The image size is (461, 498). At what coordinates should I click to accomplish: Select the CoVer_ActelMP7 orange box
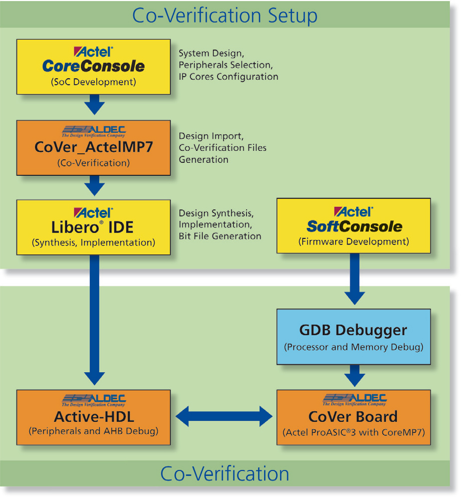(93, 147)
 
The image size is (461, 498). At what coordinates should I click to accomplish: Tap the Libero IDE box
(93, 227)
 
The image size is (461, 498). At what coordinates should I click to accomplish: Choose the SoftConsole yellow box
(354, 225)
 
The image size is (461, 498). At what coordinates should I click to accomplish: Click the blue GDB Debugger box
(354, 336)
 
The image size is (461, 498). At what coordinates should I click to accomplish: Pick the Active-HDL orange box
(93, 417)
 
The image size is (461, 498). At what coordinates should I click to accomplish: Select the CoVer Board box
(354, 417)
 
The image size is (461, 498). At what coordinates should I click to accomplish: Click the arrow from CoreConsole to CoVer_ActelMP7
(94, 105)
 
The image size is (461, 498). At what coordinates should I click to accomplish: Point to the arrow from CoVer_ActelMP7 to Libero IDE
(94, 185)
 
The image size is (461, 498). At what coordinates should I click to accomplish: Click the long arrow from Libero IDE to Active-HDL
(94, 321)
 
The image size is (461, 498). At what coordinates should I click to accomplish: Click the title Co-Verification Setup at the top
(224, 16)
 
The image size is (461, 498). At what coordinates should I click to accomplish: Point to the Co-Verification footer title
(224, 473)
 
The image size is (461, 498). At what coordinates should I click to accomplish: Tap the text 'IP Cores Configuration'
(228, 77)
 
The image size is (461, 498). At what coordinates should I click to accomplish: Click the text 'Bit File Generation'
(220, 236)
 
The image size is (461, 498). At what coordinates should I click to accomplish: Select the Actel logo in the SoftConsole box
(354, 211)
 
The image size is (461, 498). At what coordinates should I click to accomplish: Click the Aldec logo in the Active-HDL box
(94, 400)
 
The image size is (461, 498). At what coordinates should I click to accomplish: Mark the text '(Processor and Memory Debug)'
(354, 347)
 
